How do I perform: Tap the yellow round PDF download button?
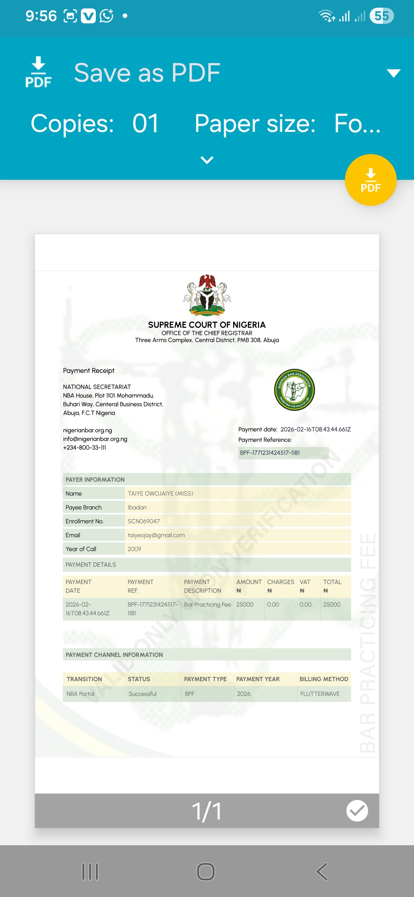point(370,180)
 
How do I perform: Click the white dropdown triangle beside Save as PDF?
point(393,73)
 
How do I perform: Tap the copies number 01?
point(145,123)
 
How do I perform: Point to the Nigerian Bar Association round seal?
point(294,390)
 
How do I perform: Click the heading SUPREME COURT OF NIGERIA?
point(207,325)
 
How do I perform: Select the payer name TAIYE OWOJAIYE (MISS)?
point(160,493)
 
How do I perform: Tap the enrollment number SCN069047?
point(144,521)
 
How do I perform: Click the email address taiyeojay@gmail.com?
point(156,535)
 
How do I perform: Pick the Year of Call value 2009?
point(134,549)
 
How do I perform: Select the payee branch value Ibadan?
point(137,508)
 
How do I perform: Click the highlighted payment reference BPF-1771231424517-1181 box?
point(283,453)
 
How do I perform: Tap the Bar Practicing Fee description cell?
point(207,605)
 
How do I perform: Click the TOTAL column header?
point(332,582)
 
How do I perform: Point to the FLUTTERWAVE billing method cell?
point(320,694)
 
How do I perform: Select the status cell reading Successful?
point(143,694)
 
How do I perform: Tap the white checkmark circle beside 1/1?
point(357,811)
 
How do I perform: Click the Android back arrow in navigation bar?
point(322,872)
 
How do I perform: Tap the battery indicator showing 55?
point(381,16)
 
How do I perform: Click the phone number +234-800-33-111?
point(85,448)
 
